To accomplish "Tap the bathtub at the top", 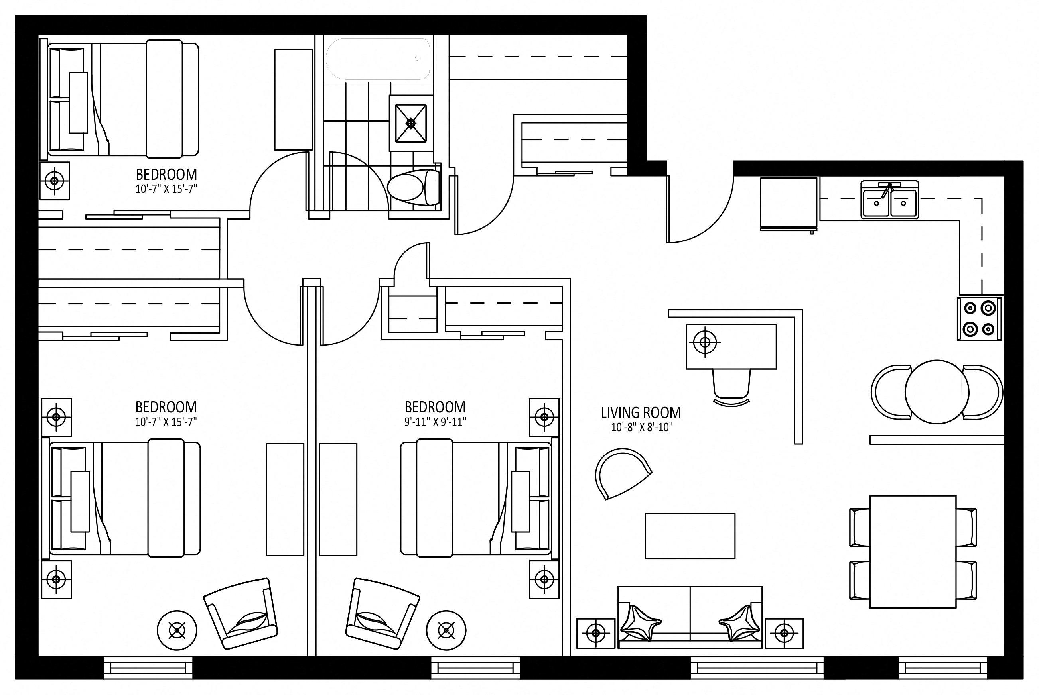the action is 378,59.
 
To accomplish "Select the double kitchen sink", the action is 890,200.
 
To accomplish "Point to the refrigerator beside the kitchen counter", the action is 789,204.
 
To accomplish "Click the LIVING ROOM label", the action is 641,413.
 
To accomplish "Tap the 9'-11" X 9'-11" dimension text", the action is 435,422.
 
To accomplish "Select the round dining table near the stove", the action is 937,392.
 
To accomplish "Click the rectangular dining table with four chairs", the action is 913,552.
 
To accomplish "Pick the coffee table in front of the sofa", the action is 690,536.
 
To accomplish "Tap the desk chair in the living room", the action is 731,387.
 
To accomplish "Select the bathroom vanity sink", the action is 411,123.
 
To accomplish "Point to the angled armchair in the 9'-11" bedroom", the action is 382,613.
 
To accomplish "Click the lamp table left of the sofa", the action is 596,633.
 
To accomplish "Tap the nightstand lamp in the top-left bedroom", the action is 55,181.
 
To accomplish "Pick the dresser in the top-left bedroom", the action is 293,99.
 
